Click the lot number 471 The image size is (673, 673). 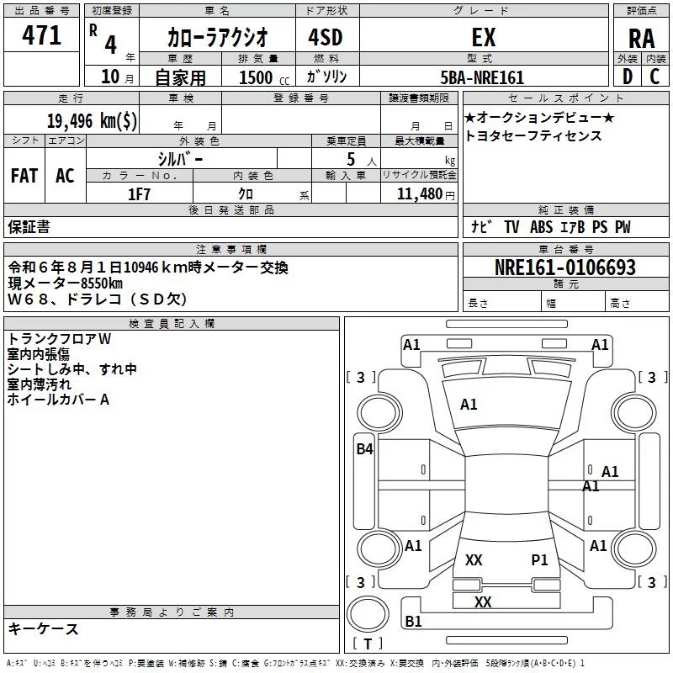pos(41,35)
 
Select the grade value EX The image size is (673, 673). pos(484,37)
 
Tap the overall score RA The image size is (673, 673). pos(642,39)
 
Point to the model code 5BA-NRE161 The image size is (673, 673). pos(482,77)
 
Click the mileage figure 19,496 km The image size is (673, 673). pos(92,120)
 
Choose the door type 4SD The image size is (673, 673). pos(326,37)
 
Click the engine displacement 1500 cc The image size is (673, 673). pos(264,77)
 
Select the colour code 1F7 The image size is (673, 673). pos(139,194)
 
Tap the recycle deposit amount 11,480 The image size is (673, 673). pos(420,194)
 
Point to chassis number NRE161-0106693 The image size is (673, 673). pos(565,267)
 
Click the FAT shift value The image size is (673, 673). pos(24,176)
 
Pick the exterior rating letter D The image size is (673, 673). pos(628,77)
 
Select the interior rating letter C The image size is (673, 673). pos(654,77)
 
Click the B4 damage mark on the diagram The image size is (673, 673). pos(365,449)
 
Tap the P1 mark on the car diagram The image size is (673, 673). pos(539,559)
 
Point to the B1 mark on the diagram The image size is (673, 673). pos(413,621)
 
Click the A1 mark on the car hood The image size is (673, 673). pos(469,405)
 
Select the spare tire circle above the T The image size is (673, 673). pos(368,614)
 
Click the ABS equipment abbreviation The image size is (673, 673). pos(541,227)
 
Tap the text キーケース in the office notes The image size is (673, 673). pos(44,628)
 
